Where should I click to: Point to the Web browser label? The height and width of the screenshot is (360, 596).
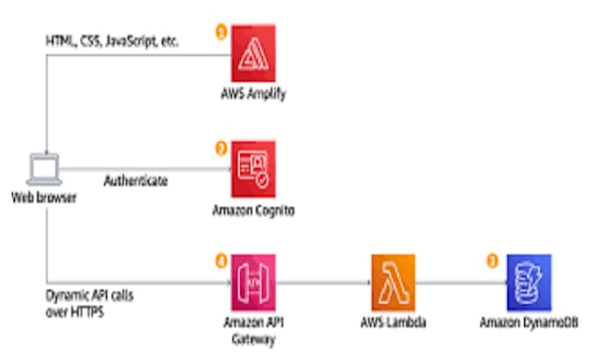[43, 198]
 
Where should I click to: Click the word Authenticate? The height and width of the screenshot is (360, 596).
[136, 182]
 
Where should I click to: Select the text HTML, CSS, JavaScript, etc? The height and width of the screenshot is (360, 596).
[111, 41]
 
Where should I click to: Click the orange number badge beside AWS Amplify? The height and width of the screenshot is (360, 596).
[221, 32]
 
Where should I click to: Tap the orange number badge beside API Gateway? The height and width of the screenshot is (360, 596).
[221, 260]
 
